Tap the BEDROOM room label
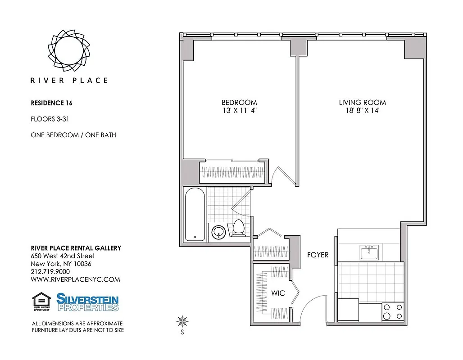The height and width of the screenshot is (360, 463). pyautogui.click(x=239, y=103)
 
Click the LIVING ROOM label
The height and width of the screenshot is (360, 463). pyautogui.click(x=362, y=103)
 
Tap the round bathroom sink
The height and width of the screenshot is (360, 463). pyautogui.click(x=219, y=232)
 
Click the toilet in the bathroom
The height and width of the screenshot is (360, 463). pyautogui.click(x=239, y=228)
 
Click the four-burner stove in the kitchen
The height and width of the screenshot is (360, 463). pyautogui.click(x=392, y=311)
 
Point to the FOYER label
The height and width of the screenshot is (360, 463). pyautogui.click(x=318, y=255)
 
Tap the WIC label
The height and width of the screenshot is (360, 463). pyautogui.click(x=278, y=293)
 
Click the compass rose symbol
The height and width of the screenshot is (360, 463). pyautogui.click(x=182, y=321)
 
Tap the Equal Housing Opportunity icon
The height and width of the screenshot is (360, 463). pyautogui.click(x=41, y=302)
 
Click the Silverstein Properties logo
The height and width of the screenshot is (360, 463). pyautogui.click(x=87, y=302)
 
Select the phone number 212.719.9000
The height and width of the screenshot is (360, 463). pyautogui.click(x=50, y=272)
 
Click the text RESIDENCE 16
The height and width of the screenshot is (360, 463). pyautogui.click(x=51, y=103)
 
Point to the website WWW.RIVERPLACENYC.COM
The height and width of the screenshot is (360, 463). pyautogui.click(x=75, y=279)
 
